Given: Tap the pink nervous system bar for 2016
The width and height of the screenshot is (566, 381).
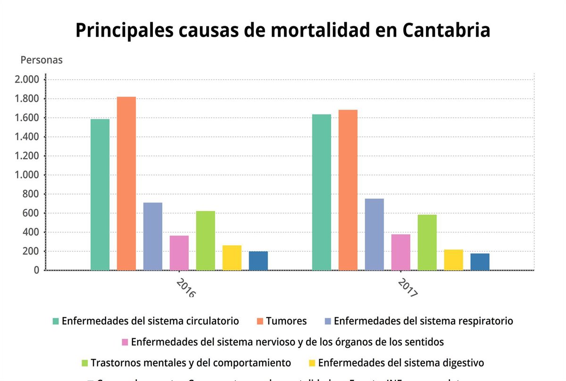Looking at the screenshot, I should click(x=179, y=253).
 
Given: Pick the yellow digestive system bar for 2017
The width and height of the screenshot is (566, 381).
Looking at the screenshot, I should click(x=453, y=260).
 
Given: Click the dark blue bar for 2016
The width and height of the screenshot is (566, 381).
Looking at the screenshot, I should click(x=258, y=261).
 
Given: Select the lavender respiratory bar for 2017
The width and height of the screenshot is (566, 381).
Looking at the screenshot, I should click(x=374, y=234).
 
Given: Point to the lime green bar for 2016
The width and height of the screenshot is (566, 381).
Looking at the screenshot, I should click(x=206, y=240).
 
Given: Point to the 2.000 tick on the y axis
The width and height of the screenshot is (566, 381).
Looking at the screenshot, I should click(x=27, y=80).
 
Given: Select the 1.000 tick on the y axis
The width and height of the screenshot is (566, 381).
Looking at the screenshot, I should click(x=27, y=175).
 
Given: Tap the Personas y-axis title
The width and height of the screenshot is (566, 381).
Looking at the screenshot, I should click(x=42, y=60).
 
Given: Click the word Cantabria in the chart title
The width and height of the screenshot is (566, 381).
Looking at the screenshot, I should click(x=446, y=31).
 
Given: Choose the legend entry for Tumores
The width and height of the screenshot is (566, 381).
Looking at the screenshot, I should click(x=286, y=321).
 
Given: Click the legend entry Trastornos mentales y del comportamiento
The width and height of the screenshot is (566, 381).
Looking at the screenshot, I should click(x=191, y=363).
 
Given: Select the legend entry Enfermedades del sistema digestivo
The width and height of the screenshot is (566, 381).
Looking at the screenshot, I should click(x=401, y=363).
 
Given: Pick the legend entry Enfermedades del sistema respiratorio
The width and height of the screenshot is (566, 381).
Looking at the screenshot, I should click(x=423, y=321).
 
